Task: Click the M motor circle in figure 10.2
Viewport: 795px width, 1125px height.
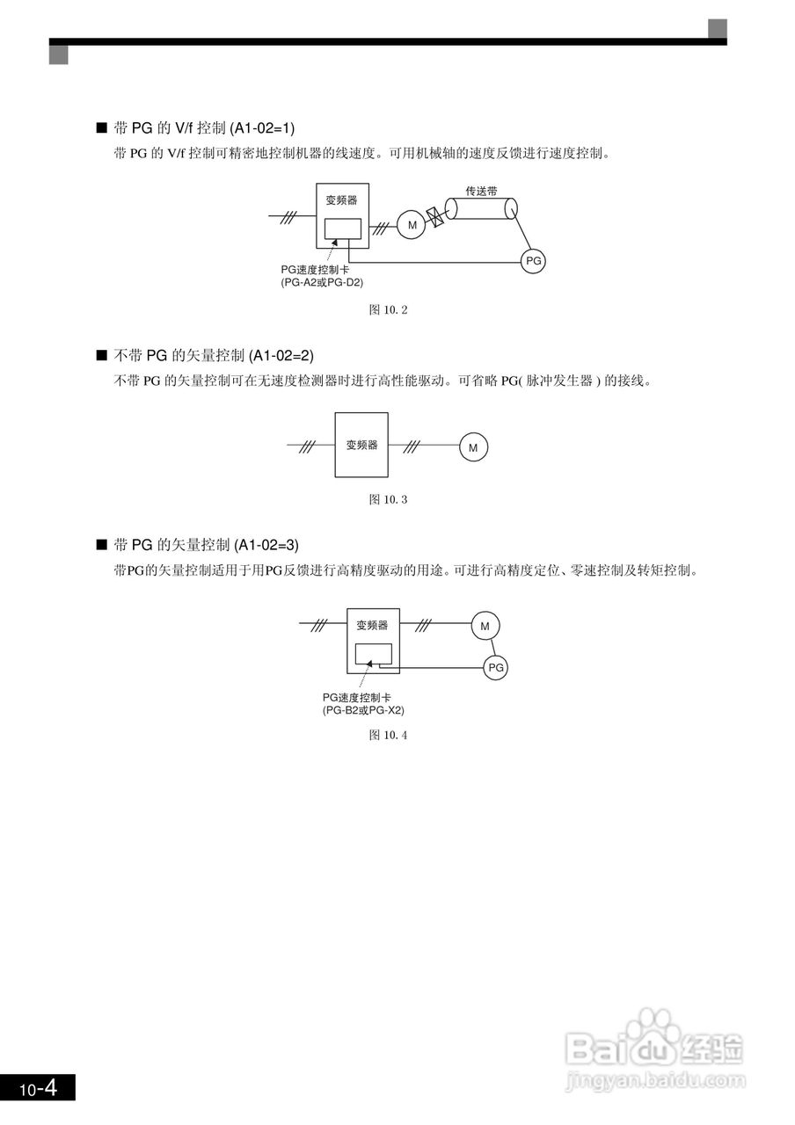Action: [411, 226]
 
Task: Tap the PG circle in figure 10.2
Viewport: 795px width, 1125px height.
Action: [533, 261]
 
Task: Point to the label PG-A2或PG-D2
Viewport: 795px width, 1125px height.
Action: [322, 283]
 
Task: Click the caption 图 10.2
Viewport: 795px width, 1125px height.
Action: [388, 309]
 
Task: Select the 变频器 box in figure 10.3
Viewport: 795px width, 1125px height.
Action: [361, 445]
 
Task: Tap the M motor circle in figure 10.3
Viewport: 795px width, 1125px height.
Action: [472, 447]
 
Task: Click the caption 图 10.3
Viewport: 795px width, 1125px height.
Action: [388, 499]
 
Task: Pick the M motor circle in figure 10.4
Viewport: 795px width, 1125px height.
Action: [485, 626]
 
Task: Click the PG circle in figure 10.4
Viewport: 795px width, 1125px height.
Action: [496, 668]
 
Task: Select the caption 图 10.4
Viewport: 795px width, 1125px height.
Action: [388, 735]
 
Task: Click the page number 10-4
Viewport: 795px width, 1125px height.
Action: [38, 1088]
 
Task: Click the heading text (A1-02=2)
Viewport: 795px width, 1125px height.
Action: [281, 356]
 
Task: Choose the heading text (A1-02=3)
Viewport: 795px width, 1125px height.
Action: [266, 545]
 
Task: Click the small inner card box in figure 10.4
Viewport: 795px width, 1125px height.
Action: [373, 655]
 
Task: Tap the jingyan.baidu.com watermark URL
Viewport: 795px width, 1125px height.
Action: [655, 1079]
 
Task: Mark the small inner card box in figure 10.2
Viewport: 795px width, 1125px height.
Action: [342, 229]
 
